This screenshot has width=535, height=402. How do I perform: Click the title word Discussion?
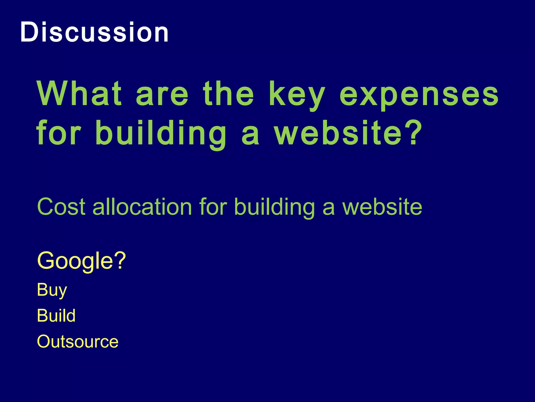point(94,32)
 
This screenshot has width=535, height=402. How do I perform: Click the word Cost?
point(61,207)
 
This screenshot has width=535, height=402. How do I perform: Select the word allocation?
point(142,207)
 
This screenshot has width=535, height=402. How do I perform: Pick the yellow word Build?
point(56,316)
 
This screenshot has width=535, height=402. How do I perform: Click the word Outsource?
point(78,342)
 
